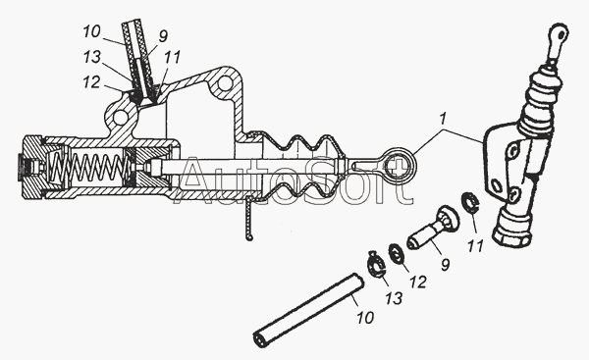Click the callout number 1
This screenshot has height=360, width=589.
pos(443,119)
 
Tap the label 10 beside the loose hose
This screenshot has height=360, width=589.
pos(365,317)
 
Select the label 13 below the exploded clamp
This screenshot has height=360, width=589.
pos(393,298)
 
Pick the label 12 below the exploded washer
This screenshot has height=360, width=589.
pos(417,282)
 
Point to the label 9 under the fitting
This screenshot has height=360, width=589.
pos(445,265)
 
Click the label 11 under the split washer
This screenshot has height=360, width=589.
pos(475,246)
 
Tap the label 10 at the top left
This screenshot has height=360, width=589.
pos(91,32)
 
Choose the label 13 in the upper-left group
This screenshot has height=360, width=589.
pos(92,57)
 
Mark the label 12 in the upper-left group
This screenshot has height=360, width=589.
pos(91,82)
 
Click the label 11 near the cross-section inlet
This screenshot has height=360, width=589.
pos(172,58)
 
